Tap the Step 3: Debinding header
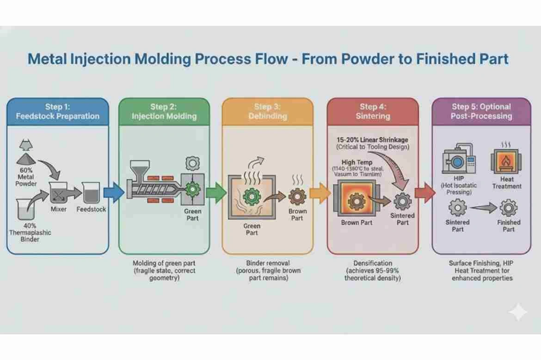267,111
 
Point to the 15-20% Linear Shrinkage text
372,139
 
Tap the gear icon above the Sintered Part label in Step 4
403,202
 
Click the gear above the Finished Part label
509,208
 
